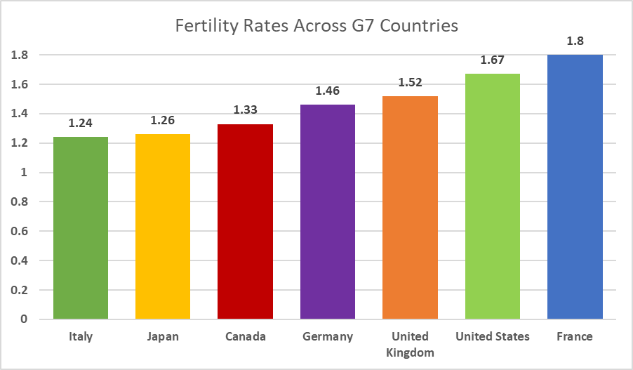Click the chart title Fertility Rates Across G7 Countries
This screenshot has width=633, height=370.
pos(316,27)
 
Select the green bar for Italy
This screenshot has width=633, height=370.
pos(81,228)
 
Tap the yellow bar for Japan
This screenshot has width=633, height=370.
pos(163,227)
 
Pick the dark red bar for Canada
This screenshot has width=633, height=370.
pos(246,222)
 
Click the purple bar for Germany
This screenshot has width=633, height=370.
pos(328,212)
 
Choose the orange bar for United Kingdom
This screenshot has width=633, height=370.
pos(410,208)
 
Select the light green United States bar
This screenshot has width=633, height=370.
pos(493,197)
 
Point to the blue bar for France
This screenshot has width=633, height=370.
pos(575,187)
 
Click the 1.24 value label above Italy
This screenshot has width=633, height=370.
pos(81,123)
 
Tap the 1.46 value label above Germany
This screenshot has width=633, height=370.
pos(328,91)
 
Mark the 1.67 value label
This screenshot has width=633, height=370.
pos(493,60)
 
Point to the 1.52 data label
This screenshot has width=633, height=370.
pos(410,82)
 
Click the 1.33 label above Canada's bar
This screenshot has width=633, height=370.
pos(246,110)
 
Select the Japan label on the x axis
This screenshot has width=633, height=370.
pos(163,336)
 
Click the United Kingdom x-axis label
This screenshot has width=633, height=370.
pos(410,344)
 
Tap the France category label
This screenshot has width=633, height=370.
pos(575,336)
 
